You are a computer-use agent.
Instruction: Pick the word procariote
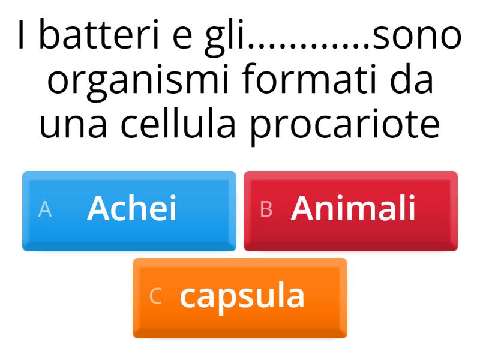345,125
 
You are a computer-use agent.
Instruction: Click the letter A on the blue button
45,209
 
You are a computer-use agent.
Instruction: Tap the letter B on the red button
266,209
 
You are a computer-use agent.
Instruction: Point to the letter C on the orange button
155,296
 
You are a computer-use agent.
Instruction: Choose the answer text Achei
132,209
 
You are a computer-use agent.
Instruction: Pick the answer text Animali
353,209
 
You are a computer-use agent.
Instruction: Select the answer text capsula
242,296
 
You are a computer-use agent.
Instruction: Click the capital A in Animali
303,209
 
